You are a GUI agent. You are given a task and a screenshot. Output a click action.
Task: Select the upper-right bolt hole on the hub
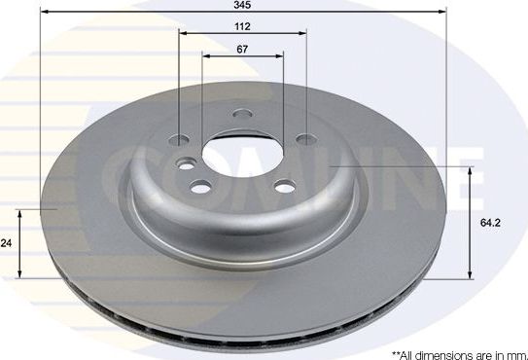point(305,137)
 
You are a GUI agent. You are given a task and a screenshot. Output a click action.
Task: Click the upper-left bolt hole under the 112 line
point(180,137)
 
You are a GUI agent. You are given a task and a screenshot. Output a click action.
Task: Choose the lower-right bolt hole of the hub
point(286,188)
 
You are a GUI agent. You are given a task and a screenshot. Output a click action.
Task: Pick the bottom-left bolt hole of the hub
point(201,188)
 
